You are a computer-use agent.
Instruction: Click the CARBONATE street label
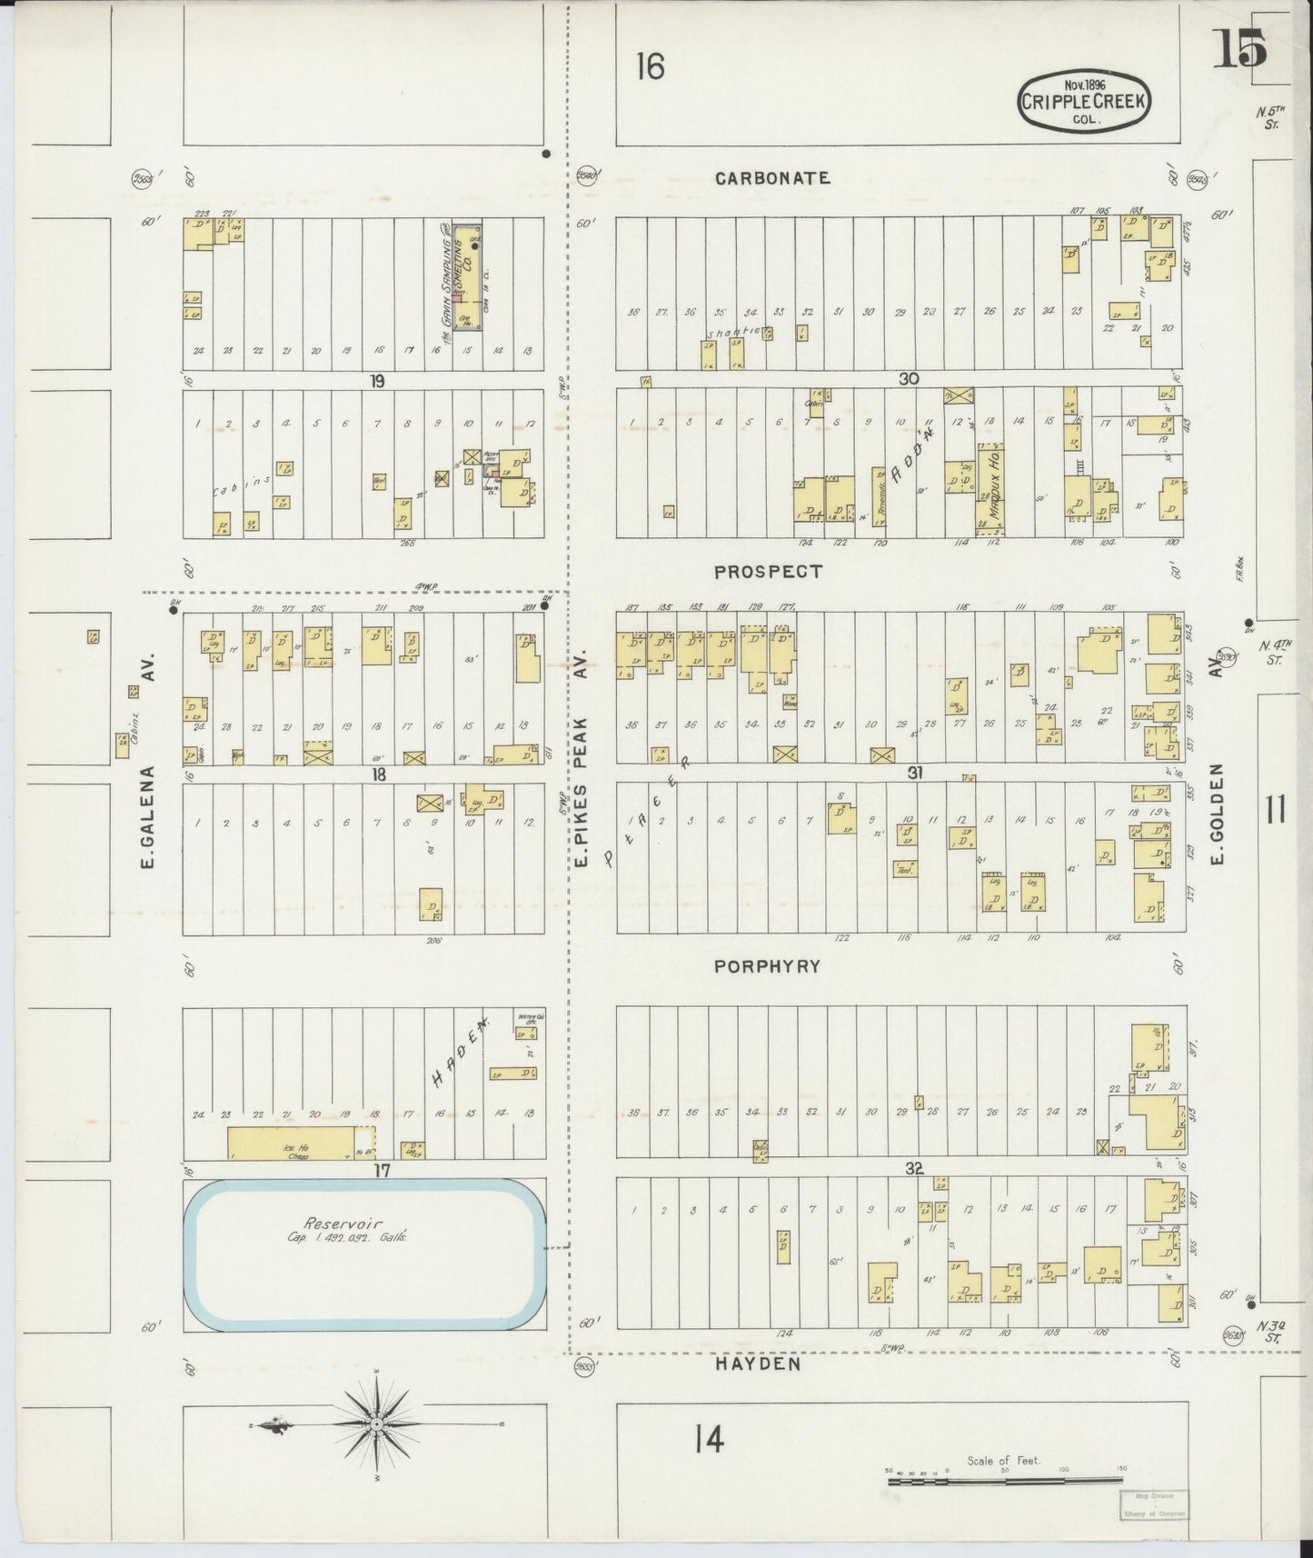(772, 178)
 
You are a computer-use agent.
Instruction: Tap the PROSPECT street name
(768, 572)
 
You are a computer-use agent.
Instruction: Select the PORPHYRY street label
(767, 966)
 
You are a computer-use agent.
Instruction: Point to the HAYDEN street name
(757, 1363)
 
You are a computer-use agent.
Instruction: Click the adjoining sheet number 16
(651, 66)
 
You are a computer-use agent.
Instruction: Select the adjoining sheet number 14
(709, 1438)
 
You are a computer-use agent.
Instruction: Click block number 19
(377, 382)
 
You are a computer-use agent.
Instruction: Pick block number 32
(914, 1169)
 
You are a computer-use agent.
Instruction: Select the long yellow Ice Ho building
(300, 1143)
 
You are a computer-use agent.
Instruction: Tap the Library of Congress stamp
(1152, 1505)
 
